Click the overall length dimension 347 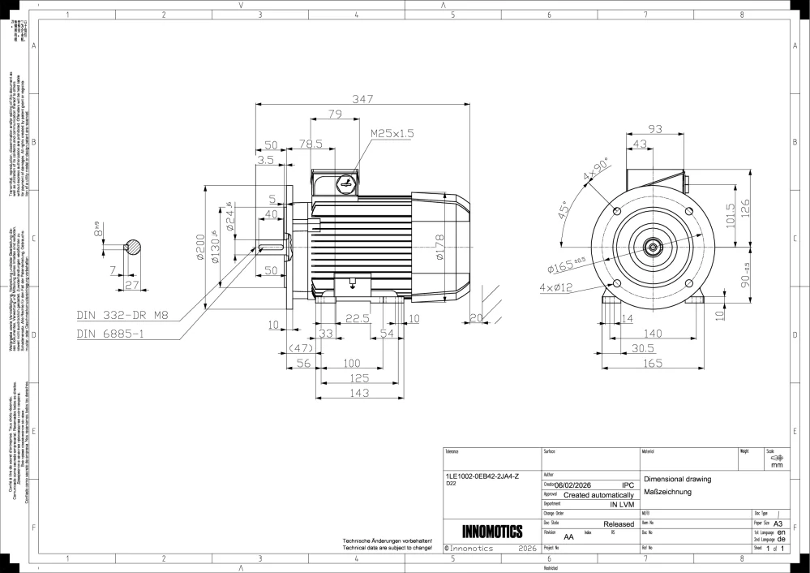pos(363,98)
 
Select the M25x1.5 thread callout pos(392,132)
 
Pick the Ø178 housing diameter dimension pos(439,248)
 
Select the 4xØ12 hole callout pos(556,287)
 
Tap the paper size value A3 pos(778,524)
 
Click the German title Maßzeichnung pos(666,492)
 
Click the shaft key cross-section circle pos(133,247)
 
